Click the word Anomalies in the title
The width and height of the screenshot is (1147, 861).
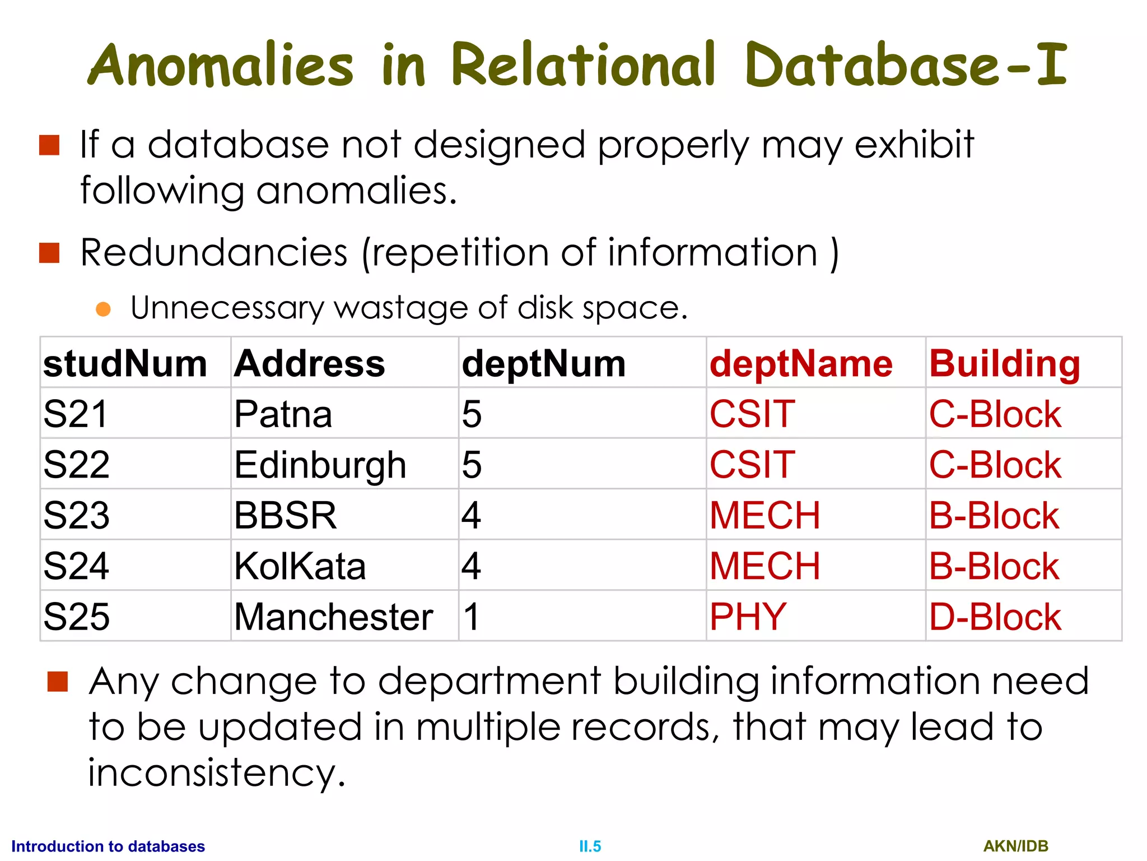221,66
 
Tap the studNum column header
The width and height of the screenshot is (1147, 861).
125,364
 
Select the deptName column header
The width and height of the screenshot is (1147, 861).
801,364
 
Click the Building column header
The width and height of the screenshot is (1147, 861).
1005,364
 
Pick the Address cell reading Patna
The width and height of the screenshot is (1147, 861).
283,414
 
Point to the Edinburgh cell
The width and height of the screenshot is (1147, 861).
320,465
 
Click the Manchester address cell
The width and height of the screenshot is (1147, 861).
333,617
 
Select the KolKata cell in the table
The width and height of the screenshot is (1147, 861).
300,566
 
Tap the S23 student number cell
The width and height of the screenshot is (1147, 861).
77,516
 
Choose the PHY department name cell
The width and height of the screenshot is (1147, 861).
748,617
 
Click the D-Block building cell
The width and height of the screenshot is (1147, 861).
995,617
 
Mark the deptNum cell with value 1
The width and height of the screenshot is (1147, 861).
471,617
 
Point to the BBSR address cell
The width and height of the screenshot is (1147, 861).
285,516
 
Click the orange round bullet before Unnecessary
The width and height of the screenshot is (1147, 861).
103,309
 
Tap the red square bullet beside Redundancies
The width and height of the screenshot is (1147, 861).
49,253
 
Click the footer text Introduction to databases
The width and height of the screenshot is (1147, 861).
108,846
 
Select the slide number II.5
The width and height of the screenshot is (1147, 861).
590,846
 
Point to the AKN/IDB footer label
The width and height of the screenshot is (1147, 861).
1015,846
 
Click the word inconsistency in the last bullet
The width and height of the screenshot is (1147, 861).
216,772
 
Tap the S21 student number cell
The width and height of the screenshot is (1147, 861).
76,414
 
